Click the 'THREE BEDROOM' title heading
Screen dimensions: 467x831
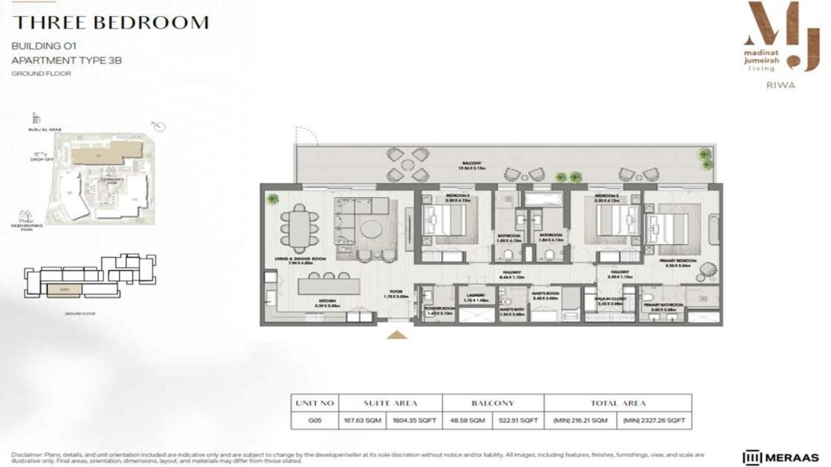pos(110,23)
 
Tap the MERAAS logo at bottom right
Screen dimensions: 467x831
pos(780,456)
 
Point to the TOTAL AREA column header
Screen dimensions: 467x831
pos(618,402)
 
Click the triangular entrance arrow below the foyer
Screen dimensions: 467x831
pos(397,333)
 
